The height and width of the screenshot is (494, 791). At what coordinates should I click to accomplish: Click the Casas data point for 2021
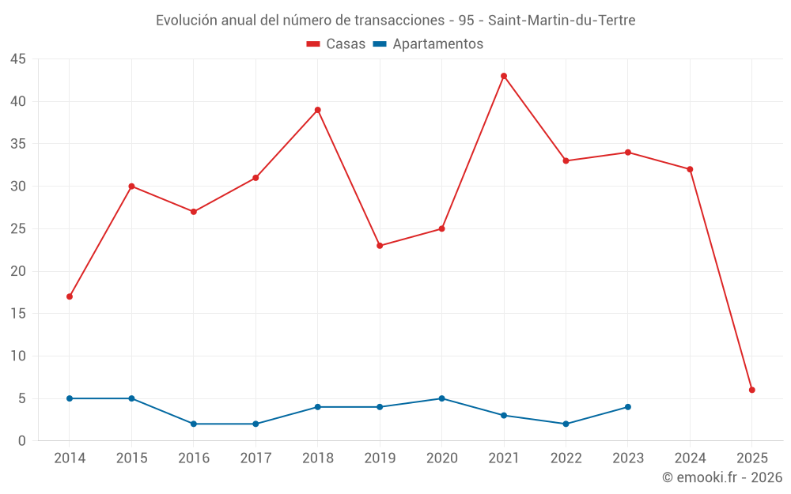[x=504, y=76]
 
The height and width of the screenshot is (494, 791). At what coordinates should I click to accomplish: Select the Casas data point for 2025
[x=752, y=390]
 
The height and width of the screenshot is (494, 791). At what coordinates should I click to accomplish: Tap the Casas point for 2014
[x=70, y=296]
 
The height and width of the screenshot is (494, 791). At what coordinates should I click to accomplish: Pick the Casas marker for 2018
[x=318, y=110]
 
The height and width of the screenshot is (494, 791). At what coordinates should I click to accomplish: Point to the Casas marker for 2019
[x=380, y=246]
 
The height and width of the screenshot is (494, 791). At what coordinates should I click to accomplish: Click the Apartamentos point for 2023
[x=628, y=407]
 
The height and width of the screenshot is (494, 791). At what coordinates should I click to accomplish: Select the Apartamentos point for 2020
[x=442, y=398]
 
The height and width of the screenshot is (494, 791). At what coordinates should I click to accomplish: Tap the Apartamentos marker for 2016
[x=194, y=424]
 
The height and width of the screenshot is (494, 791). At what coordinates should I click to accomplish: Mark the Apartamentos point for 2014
[x=70, y=398]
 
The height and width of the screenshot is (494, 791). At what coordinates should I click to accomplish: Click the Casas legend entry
[x=336, y=44]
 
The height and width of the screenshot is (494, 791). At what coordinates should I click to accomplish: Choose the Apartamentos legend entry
[x=428, y=44]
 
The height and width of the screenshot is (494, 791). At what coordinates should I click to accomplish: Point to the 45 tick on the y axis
[x=18, y=59]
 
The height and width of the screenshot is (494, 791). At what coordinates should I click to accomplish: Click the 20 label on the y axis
[x=18, y=271]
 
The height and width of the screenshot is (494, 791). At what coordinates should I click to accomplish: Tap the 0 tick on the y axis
[x=22, y=441]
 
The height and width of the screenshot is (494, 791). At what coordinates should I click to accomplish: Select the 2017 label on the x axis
[x=255, y=458]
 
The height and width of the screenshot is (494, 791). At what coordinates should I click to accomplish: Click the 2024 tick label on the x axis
[x=690, y=458]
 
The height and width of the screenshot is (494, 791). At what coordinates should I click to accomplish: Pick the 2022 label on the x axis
[x=566, y=458]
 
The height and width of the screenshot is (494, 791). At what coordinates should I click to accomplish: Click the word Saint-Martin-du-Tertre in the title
[x=566, y=21]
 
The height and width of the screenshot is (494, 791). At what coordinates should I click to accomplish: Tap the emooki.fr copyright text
[x=722, y=477]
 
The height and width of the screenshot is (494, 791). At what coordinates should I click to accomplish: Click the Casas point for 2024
[x=690, y=169]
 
